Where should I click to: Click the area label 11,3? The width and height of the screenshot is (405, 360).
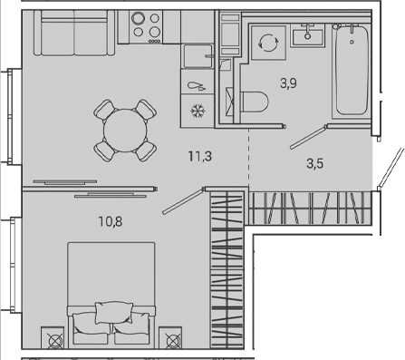[200, 157]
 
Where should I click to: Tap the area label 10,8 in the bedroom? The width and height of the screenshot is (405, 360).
[111, 221]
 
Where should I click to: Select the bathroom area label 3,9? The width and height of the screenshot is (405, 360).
[288, 83]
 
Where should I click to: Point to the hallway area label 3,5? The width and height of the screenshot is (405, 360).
[314, 163]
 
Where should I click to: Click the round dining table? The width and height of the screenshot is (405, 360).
[125, 131]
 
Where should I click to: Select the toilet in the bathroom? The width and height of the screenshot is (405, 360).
[254, 102]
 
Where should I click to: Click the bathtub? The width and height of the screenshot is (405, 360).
[352, 70]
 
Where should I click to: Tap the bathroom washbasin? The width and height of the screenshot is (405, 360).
[308, 35]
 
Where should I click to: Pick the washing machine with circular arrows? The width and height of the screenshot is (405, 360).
[268, 43]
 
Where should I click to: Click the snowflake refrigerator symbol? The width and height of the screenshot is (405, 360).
[198, 111]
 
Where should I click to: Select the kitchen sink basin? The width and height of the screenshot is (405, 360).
[198, 56]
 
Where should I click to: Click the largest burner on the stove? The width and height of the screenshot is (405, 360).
[138, 18]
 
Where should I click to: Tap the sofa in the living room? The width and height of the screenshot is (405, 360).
[74, 33]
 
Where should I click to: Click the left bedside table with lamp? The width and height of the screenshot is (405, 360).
[53, 338]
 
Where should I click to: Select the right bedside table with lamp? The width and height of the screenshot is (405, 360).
[170, 338]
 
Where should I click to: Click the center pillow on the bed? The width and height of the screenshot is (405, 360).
[114, 313]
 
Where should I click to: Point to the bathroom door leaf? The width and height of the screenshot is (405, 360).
[308, 138]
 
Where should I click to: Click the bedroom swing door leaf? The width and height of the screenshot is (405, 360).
[183, 201]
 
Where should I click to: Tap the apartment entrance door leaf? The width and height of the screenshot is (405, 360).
[391, 167]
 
